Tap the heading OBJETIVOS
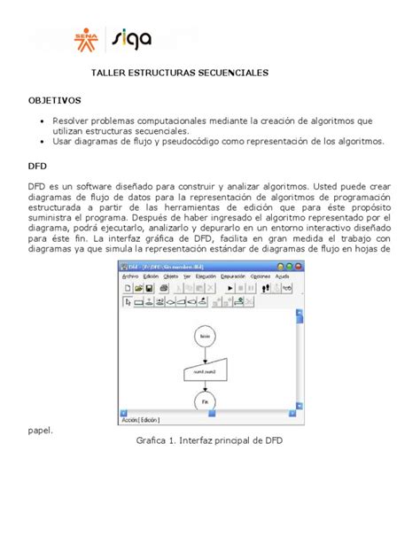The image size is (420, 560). click(55, 101)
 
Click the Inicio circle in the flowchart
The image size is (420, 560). click(205, 338)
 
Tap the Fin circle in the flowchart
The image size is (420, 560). click(205, 402)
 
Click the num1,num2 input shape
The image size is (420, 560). click(205, 372)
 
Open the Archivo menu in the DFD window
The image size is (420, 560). click(130, 276)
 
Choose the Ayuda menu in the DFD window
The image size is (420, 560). click(283, 276)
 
